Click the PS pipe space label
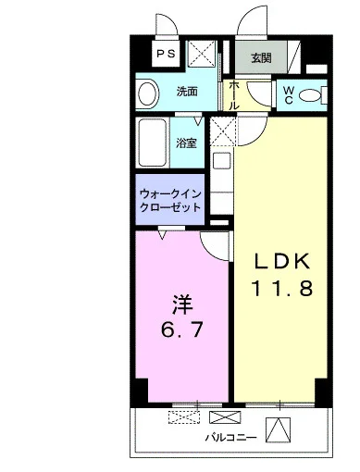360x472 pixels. tap(166, 54)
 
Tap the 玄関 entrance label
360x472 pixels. tap(261, 57)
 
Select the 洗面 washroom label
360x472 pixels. tap(187, 92)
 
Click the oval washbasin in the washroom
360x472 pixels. tap(148, 93)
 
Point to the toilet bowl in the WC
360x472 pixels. tap(310, 95)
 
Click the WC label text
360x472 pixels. tap(289, 95)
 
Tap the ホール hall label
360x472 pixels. tap(234, 95)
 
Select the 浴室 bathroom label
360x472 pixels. tap(186, 143)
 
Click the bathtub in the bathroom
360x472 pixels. tap(153, 143)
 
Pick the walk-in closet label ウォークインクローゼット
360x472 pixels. tap(170, 201)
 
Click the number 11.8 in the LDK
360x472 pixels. tap(282, 288)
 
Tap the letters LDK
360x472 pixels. tap(281, 262)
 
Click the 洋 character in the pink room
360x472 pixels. tap(182, 305)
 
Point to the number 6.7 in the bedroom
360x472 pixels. tap(182, 329)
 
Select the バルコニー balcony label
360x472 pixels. tap(231, 438)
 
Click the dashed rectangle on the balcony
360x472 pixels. tap(184, 417)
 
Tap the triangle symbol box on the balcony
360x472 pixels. tap(279, 429)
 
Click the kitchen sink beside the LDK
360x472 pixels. tap(222, 160)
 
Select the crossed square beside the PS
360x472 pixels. tap(202, 53)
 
